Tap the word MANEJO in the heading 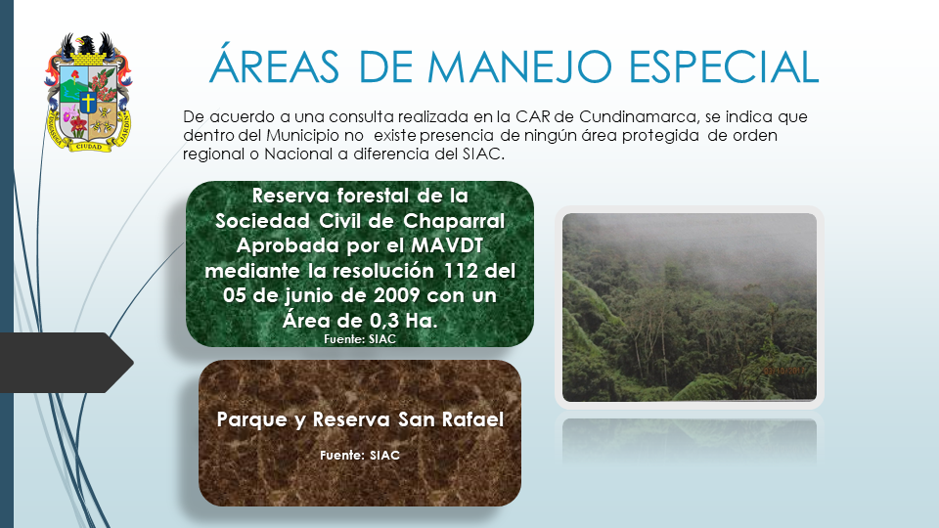point(519,66)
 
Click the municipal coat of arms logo point(88,92)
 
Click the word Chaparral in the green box point(454,221)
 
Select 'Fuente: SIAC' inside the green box point(360,339)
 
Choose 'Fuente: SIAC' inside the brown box point(360,455)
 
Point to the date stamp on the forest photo point(784,372)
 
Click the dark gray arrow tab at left point(67,363)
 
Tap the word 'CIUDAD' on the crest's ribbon point(88,146)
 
